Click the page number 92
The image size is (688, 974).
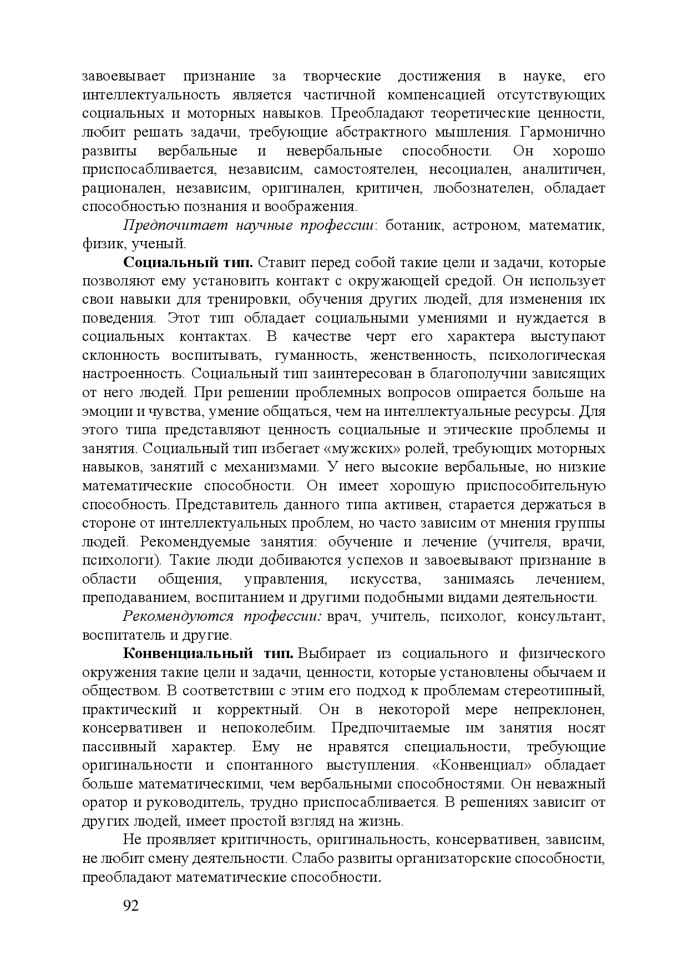click(x=130, y=906)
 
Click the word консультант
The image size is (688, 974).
click(x=560, y=616)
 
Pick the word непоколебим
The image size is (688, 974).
click(x=268, y=728)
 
